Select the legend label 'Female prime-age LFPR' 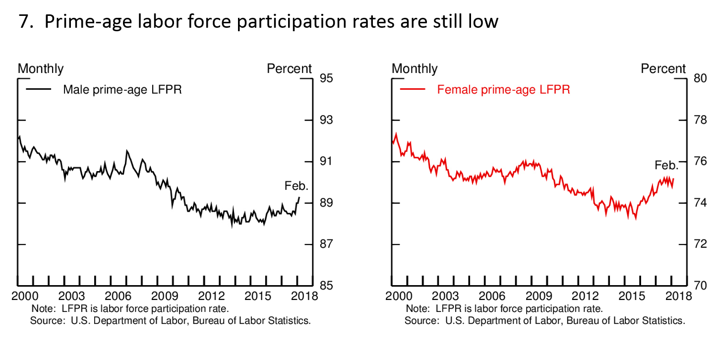click(x=503, y=90)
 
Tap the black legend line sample click(x=38, y=90)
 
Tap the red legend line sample click(x=413, y=90)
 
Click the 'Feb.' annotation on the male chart click(x=297, y=186)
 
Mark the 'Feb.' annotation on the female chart click(x=666, y=165)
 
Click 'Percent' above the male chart click(x=290, y=69)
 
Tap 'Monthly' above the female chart click(x=415, y=69)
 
